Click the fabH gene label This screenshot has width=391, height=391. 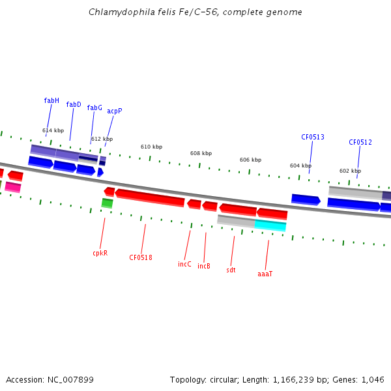[x=51, y=100]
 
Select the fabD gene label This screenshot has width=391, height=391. [x=74, y=104]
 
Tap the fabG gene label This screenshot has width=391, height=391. [x=94, y=108]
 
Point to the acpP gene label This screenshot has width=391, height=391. [x=115, y=111]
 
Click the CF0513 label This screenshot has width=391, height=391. [x=313, y=137]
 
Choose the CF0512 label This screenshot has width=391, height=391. [x=360, y=142]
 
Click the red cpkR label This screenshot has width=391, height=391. [x=100, y=253]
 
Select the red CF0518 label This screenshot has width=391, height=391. [x=141, y=257]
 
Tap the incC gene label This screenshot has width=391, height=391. [x=185, y=264]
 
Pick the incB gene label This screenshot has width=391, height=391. [x=204, y=266]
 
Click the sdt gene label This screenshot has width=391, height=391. [x=231, y=270]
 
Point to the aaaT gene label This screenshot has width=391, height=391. [x=265, y=274]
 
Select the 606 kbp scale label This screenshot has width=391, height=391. [x=250, y=160]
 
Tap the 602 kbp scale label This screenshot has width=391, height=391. [x=350, y=171]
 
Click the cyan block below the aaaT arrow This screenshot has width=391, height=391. [x=270, y=225]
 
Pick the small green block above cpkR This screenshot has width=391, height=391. [x=107, y=203]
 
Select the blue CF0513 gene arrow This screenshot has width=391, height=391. [x=306, y=199]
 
